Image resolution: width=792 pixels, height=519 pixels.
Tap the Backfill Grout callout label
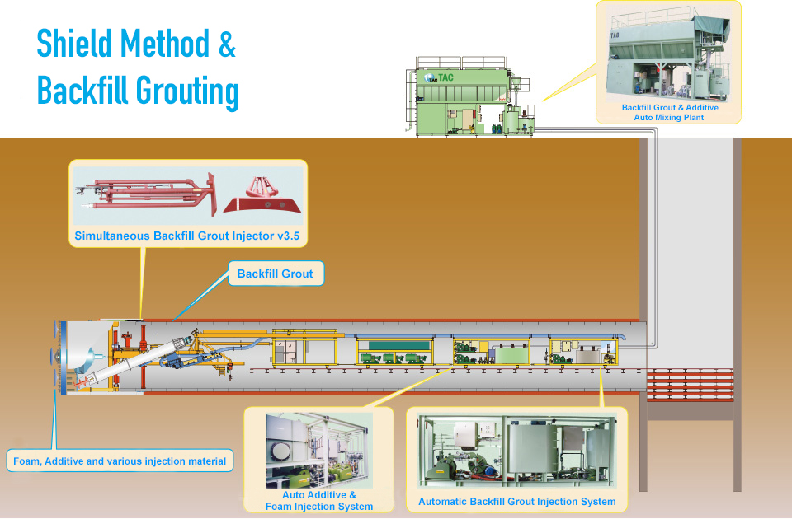[x=275, y=274]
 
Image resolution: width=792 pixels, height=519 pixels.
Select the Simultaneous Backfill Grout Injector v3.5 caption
[x=186, y=236]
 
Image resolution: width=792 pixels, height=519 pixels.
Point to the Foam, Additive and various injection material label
[x=120, y=461]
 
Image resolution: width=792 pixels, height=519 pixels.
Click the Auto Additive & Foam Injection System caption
[x=319, y=501]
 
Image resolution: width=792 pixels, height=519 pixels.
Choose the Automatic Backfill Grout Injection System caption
[x=516, y=501]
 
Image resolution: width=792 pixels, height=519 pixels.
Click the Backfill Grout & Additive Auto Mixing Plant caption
[x=670, y=113]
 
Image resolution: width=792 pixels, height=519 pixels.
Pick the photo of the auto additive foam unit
[x=319, y=450]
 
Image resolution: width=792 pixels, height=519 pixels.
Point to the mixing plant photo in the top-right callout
[x=670, y=54]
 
